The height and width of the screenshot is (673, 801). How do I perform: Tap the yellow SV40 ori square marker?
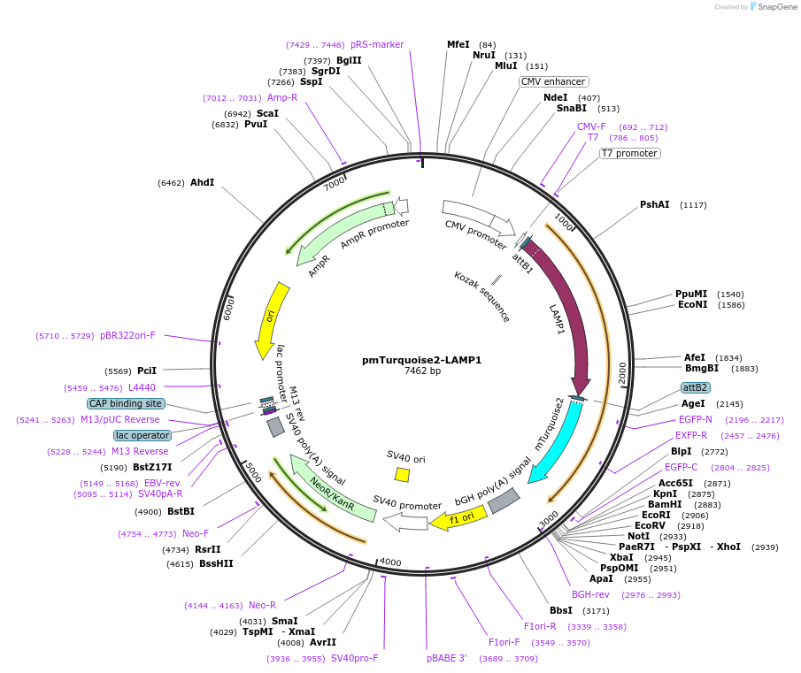(x=402, y=475)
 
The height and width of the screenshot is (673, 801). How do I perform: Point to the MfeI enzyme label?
(x=458, y=44)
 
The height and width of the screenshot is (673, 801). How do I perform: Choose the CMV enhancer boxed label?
(x=552, y=81)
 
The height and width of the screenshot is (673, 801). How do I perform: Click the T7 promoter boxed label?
(x=629, y=153)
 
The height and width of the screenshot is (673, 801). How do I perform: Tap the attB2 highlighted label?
(x=695, y=387)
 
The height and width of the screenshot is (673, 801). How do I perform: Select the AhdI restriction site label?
(x=202, y=183)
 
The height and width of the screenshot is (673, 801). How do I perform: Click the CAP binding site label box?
(x=126, y=403)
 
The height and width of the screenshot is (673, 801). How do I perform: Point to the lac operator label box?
(x=142, y=435)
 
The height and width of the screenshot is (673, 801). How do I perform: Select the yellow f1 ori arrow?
(x=458, y=518)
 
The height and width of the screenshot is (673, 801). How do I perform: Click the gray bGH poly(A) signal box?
(x=504, y=501)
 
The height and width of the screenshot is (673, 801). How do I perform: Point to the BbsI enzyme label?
(x=561, y=610)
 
